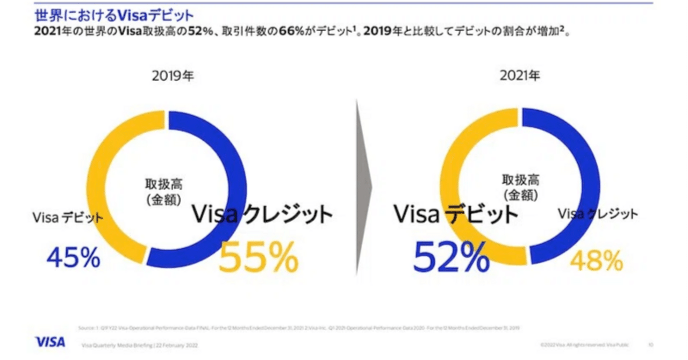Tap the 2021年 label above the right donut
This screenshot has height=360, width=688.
(519, 76)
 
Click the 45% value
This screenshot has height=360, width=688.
(73, 258)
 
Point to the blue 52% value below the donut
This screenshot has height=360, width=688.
(451, 257)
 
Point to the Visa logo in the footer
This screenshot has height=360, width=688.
(50, 342)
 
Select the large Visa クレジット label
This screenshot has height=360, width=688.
(262, 215)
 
